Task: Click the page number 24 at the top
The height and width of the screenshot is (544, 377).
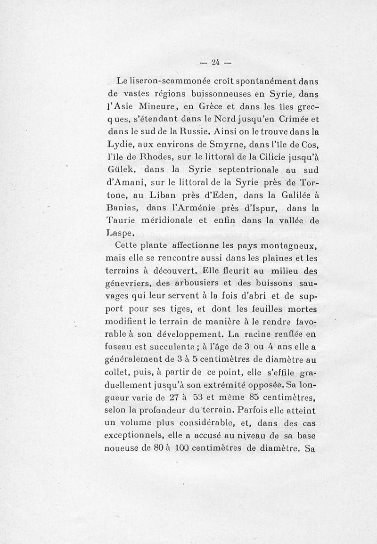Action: click(216, 61)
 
